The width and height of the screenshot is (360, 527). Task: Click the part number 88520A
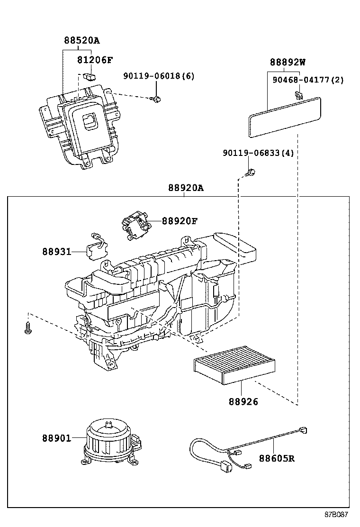tap(82, 41)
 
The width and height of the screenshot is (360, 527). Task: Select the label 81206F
tap(95, 60)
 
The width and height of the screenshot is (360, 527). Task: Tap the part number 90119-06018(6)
tap(159, 76)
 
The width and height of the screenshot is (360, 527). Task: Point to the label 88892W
tap(288, 62)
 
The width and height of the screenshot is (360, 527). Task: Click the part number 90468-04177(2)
tap(308, 80)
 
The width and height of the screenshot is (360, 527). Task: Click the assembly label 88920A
tap(185, 188)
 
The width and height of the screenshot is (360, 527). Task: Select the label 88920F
tap(180, 221)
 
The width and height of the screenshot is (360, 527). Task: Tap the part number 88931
tap(55, 251)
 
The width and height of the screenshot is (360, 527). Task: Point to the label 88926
tap(243, 401)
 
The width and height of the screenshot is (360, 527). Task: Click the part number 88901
tap(55, 438)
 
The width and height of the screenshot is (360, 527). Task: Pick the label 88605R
tap(277, 458)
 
